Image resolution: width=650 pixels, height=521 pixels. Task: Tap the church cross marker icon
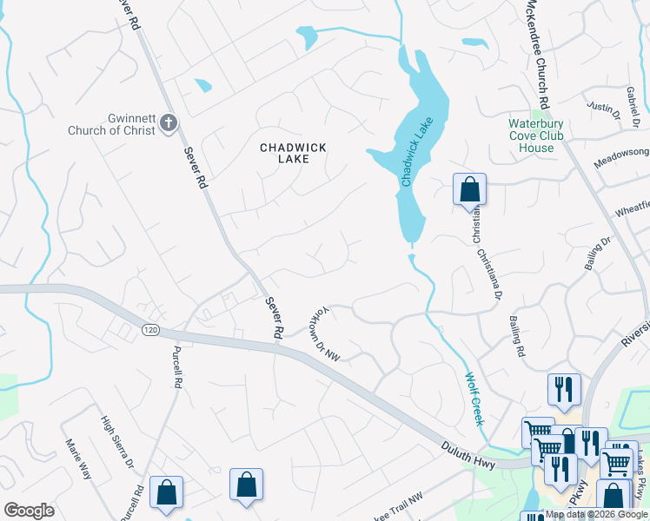[169, 124]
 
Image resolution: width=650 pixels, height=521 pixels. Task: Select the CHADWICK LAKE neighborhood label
[294, 154]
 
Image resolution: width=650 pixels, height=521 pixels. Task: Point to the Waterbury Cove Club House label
[536, 135]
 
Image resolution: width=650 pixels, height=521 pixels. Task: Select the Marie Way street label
[78, 458]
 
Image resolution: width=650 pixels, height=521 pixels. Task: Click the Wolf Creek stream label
[473, 399]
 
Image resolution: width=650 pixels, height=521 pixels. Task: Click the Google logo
[29, 511]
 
